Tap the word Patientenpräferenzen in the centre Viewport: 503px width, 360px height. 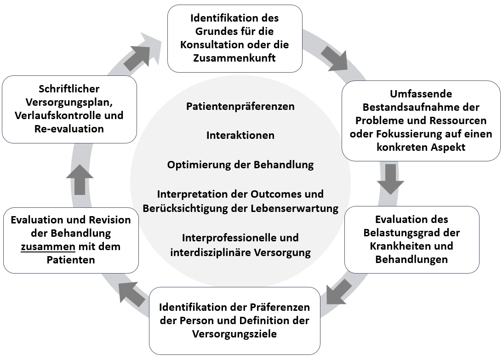(240, 106)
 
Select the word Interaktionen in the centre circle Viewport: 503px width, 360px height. (240, 135)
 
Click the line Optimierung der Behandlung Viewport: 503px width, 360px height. (240, 165)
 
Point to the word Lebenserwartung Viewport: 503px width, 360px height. (299, 208)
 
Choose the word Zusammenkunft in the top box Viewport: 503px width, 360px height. (234, 58)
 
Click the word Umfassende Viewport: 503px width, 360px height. (421, 94)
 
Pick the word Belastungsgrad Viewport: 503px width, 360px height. (395, 233)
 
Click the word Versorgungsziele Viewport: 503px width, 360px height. (234, 334)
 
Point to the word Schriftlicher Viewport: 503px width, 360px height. (69, 89)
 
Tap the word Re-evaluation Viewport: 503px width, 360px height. (69, 129)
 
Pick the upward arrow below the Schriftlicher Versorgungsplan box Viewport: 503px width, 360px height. (80, 179)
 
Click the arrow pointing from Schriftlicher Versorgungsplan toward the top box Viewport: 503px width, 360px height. (138, 54)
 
